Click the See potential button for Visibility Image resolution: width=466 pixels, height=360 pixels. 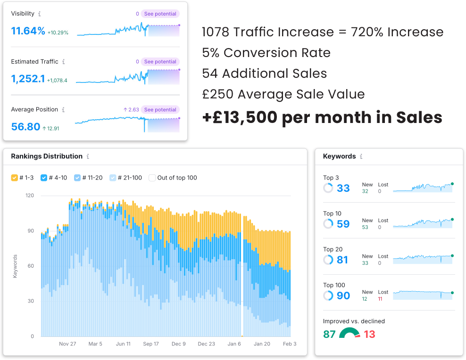pyautogui.click(x=160, y=14)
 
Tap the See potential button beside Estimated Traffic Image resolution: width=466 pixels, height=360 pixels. pyautogui.click(x=160, y=62)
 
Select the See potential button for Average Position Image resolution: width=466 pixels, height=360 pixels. pyautogui.click(x=160, y=110)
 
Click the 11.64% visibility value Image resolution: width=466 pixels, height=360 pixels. pyautogui.click(x=28, y=32)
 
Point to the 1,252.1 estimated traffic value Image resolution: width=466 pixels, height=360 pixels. pyautogui.click(x=28, y=79)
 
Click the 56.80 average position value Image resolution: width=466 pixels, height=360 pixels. pyautogui.click(x=25, y=127)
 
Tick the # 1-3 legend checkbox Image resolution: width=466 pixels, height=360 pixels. pyautogui.click(x=15, y=178)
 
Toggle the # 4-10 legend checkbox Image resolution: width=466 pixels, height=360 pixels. pyautogui.click(x=44, y=178)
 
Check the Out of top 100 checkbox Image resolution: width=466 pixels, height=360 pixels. pyautogui.click(x=152, y=178)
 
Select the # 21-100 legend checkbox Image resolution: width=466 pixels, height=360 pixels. pyautogui.click(x=113, y=178)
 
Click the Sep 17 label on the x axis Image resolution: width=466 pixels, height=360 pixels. pyautogui.click(x=151, y=344)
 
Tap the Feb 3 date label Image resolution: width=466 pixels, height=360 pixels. pyautogui.click(x=289, y=344)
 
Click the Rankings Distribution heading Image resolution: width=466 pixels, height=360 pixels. pyautogui.click(x=47, y=156)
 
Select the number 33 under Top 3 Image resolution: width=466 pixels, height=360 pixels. pyautogui.click(x=343, y=188)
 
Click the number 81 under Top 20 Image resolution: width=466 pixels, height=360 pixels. pyautogui.click(x=343, y=260)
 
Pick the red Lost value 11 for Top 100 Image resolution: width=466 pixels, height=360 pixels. pyautogui.click(x=380, y=299)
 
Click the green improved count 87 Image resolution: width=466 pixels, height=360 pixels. pyautogui.click(x=329, y=335)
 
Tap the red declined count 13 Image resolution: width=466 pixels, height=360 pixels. pyautogui.click(x=369, y=335)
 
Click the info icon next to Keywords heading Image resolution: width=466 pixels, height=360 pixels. pyautogui.click(x=361, y=156)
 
